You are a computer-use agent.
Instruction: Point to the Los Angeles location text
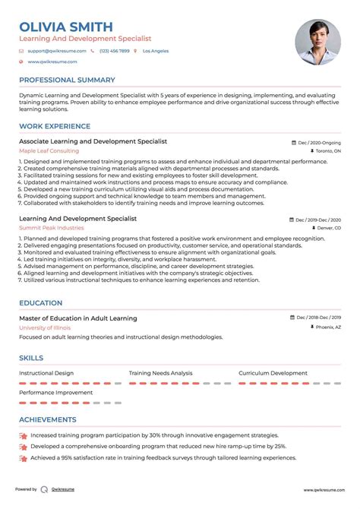point(156,51)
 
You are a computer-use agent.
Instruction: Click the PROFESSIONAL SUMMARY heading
point(67,80)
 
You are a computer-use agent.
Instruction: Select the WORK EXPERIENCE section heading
point(53,126)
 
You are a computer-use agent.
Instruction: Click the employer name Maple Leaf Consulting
point(49,151)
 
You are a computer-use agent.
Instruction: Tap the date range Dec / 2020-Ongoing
point(319,142)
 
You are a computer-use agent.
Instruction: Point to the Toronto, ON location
point(328,151)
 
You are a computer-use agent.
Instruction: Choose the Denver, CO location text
point(329,228)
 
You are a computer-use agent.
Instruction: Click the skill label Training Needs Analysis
point(160,374)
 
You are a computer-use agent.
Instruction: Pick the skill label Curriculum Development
point(273,374)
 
